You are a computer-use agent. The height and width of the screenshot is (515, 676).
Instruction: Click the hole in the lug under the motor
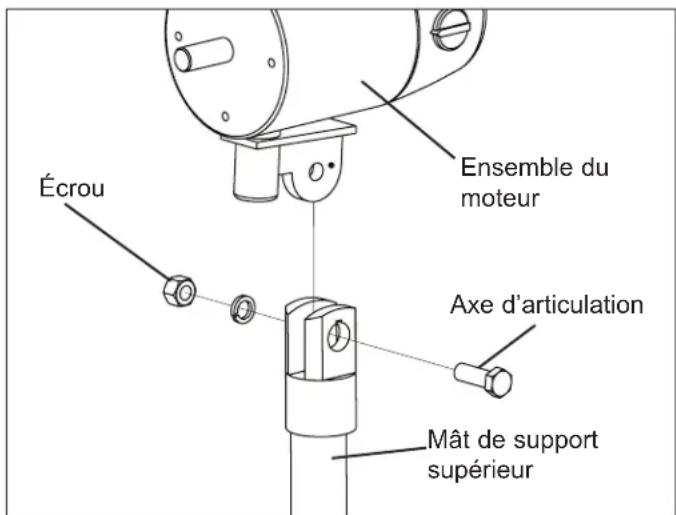click(317, 173)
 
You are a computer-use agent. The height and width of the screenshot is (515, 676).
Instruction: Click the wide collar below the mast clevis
click(318, 401)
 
